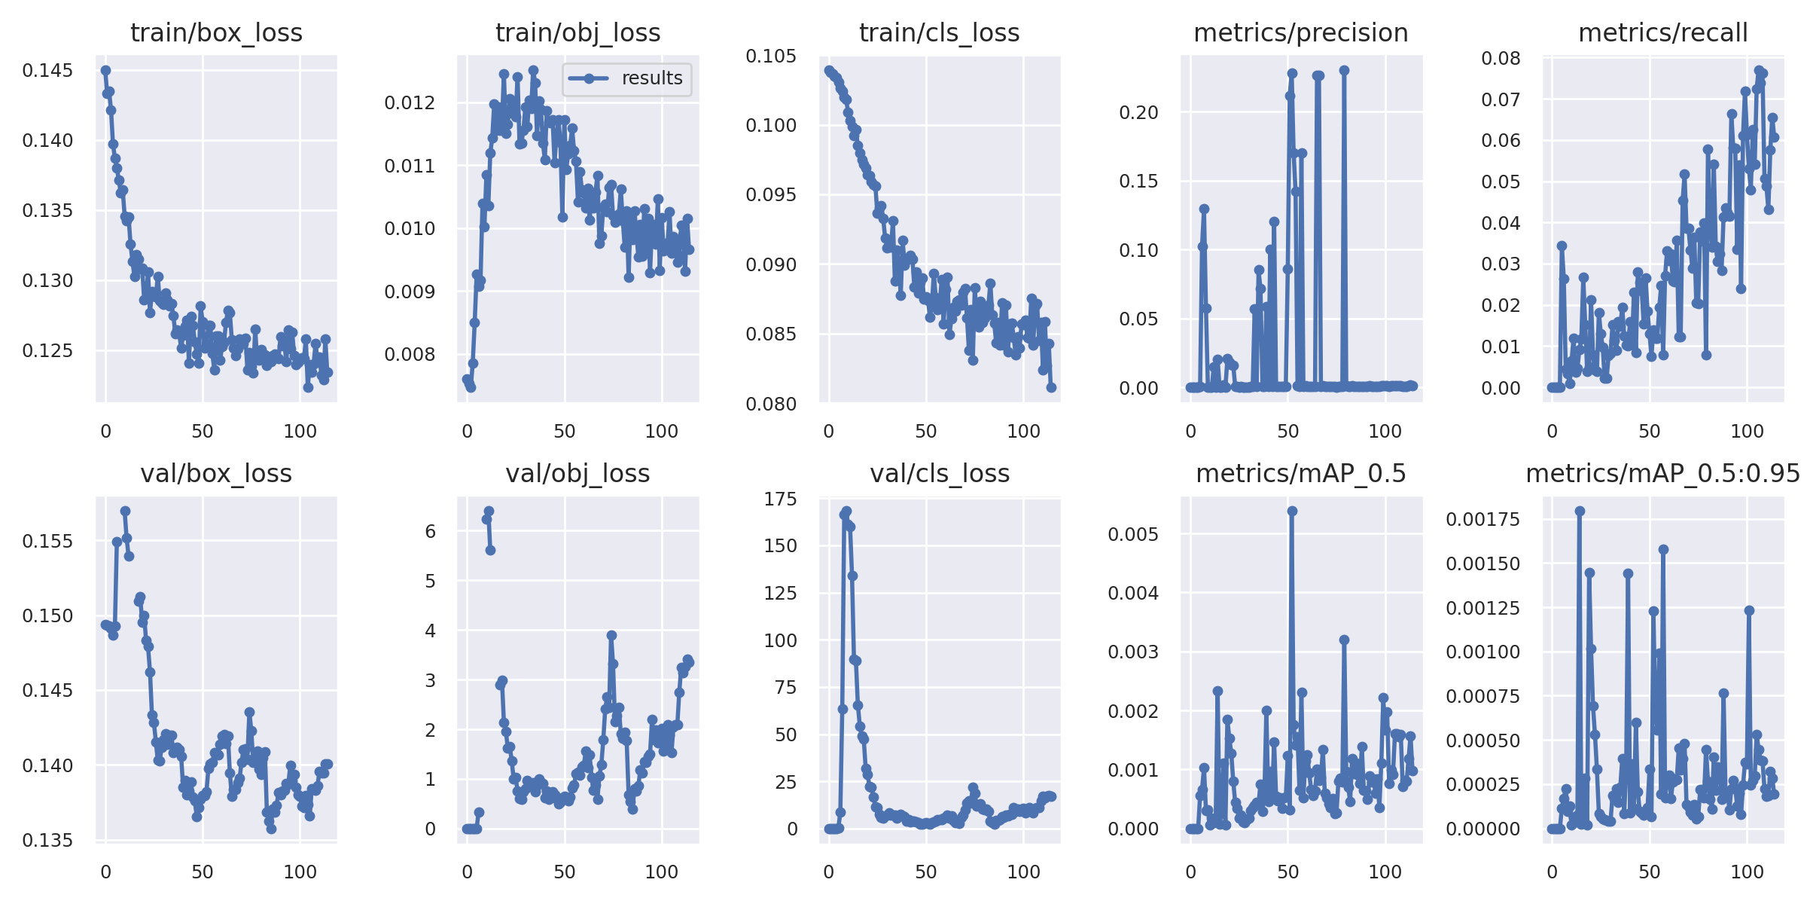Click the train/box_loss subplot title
pos(216,33)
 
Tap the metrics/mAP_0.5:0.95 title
pos(1662,474)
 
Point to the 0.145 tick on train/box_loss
pos(47,71)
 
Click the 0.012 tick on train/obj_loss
pos(410,103)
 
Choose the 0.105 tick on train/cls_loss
pos(771,56)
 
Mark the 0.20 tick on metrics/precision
pos(1138,113)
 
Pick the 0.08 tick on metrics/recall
pos(1501,59)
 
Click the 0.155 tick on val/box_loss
pos(47,542)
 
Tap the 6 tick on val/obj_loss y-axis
pos(430,532)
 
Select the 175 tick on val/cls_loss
pos(780,499)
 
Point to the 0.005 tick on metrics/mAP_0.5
pos(1132,535)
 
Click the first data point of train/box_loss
pos(105,70)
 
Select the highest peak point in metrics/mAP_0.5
pos(1292,511)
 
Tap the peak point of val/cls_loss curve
pos(846,511)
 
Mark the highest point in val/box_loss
pos(125,511)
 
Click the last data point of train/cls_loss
pos(1051,387)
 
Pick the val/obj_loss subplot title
pos(577,474)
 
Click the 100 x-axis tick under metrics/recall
pos(1747,432)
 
